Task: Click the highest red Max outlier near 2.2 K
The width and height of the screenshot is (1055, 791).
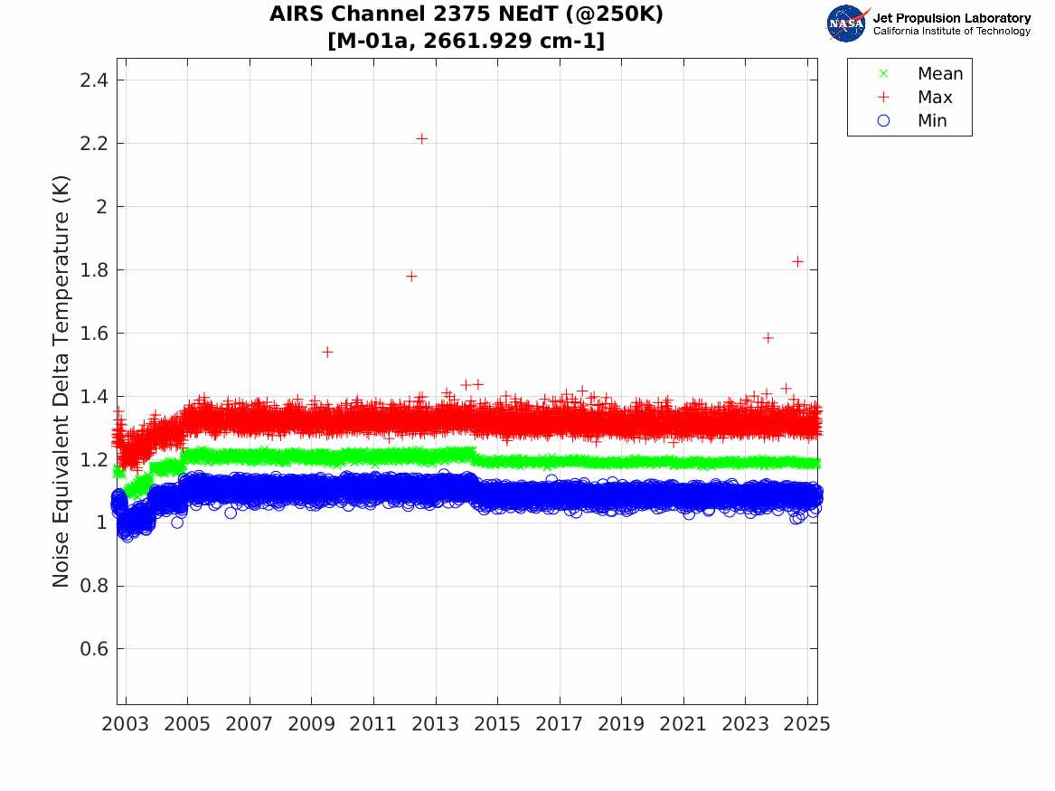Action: coord(421,138)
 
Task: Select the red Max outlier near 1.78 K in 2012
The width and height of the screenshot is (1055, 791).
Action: coord(411,276)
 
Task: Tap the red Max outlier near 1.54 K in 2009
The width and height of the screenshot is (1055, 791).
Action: coord(327,352)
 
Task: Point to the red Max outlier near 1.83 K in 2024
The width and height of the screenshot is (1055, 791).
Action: coord(797,260)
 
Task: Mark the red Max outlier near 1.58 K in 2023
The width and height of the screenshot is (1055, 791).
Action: coord(768,337)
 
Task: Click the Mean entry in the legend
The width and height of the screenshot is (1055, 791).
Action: coord(939,74)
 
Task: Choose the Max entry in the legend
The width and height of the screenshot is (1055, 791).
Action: coord(935,98)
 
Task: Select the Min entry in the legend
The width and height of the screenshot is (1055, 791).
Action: coord(932,121)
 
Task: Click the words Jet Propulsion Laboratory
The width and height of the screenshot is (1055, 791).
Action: coord(951,18)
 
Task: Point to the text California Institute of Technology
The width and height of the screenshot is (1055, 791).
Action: coord(951,32)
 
